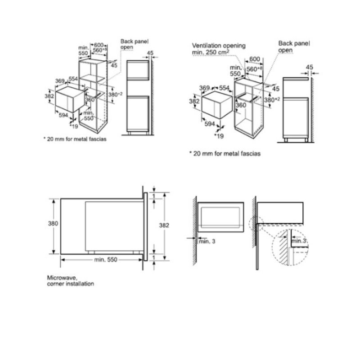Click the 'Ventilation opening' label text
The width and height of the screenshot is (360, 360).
(x=219, y=45)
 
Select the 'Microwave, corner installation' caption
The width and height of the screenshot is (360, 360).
(x=70, y=281)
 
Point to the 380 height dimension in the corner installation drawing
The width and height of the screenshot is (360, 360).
(x=54, y=224)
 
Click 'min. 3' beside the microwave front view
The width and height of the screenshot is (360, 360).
(x=207, y=241)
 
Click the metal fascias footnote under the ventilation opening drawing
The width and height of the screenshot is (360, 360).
(x=225, y=153)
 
